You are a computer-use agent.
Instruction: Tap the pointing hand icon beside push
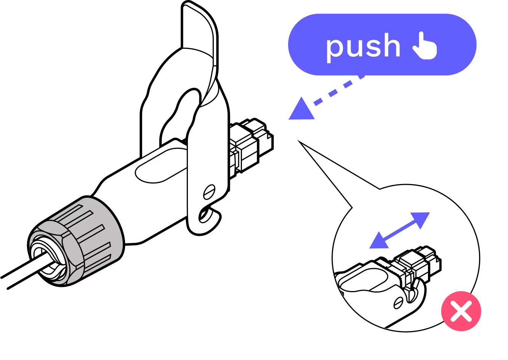click(425, 46)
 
